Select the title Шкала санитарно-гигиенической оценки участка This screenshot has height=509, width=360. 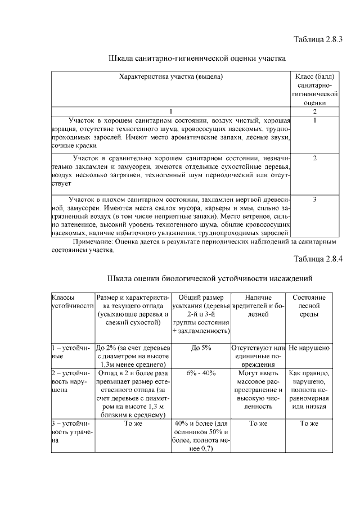point(197,58)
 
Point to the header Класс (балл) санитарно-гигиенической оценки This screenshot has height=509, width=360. point(314,89)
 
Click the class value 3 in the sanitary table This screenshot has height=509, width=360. point(314,199)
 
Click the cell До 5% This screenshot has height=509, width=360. point(201,348)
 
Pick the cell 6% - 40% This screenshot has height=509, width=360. point(201,373)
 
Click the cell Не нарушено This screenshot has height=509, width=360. point(309,348)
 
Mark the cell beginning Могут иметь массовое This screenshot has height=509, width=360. point(258,389)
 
